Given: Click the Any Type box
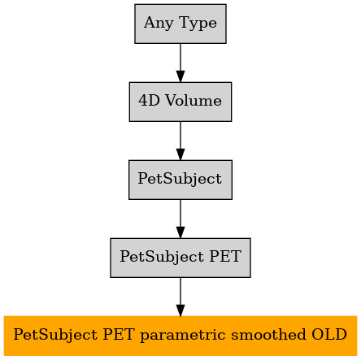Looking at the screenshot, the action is pos(180,24).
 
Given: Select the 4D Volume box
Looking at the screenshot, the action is pos(180,102).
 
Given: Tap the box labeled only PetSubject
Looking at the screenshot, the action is pos(180,180).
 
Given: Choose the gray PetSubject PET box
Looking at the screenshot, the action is pos(180,258).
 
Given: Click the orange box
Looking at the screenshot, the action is pos(180,336).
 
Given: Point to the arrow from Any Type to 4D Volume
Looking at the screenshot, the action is pos(180,63).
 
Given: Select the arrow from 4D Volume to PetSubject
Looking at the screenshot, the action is pos(180,141).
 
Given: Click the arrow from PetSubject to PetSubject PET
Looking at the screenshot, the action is pos(180,219).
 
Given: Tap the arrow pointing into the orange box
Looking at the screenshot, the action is pos(180,297).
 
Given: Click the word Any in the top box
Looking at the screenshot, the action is pos(159,23).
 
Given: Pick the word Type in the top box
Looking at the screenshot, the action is pos(198,23).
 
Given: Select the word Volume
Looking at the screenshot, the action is pos(194,101).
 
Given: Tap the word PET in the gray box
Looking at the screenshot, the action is pos(225,256).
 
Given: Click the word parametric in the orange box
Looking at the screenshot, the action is pos(183,335).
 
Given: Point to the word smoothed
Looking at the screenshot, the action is pos(268,334).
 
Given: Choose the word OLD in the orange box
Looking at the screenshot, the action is pos(329,334).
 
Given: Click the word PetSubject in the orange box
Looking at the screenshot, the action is pos(55,335).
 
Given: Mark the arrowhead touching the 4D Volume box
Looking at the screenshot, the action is pos(180,76).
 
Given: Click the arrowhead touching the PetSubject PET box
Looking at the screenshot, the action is pos(180,232).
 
